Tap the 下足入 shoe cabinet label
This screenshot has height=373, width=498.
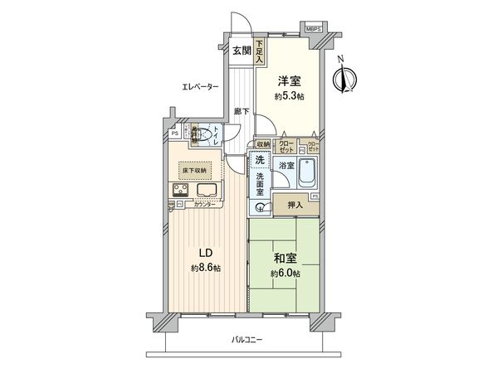pos(259,52)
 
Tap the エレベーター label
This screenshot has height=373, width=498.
pos(202,87)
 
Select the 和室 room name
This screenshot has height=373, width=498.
pos(285,259)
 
